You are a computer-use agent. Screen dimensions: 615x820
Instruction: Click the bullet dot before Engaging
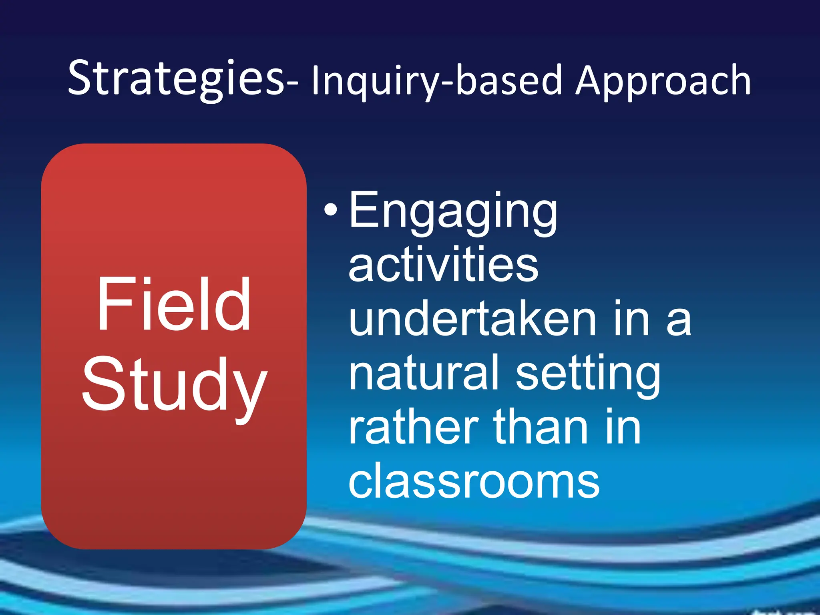[330, 209]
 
